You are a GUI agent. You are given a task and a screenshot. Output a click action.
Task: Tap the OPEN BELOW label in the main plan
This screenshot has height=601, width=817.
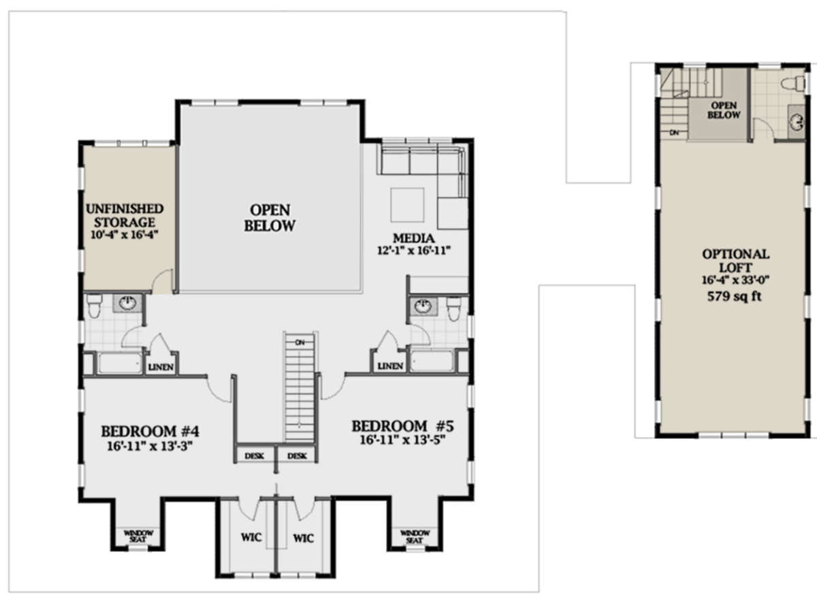(270, 217)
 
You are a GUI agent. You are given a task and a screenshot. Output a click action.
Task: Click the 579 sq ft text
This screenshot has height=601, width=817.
(736, 296)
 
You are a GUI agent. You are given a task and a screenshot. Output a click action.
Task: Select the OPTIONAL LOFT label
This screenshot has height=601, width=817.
(736, 260)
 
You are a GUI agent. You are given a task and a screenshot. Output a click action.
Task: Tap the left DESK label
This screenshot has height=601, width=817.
(255, 455)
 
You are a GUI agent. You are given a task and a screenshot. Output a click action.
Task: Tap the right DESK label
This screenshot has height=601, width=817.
(297, 455)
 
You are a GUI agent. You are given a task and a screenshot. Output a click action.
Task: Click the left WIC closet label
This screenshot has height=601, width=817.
(251, 538)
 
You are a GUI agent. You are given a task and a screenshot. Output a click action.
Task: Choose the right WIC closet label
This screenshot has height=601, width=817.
(303, 538)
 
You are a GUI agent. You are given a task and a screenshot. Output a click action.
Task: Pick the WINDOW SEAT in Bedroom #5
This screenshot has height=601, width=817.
(415, 536)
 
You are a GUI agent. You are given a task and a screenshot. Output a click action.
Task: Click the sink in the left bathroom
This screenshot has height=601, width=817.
(127, 304)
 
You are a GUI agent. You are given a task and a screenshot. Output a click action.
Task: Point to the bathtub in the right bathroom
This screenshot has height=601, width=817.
(434, 363)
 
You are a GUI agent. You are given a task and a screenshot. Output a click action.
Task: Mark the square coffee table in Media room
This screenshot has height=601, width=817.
(407, 204)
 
